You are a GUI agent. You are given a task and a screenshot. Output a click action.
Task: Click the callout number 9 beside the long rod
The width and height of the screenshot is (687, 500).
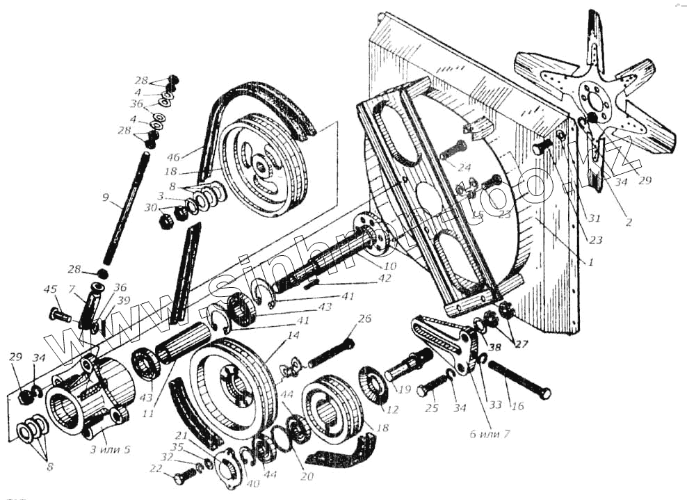105,197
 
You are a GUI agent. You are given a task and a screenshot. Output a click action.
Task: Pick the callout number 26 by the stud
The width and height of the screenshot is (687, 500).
364,319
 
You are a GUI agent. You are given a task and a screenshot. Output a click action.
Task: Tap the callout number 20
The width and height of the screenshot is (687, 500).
306,476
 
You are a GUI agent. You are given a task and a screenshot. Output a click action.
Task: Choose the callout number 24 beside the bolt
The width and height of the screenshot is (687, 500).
464,167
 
